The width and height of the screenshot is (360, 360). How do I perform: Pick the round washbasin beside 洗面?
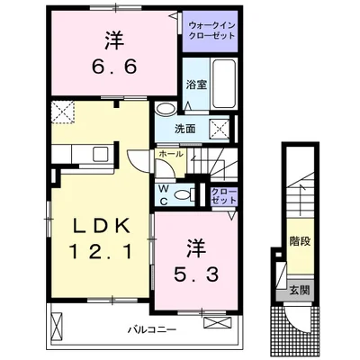pos(165,110)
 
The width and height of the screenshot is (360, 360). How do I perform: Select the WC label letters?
pos(164,193)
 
